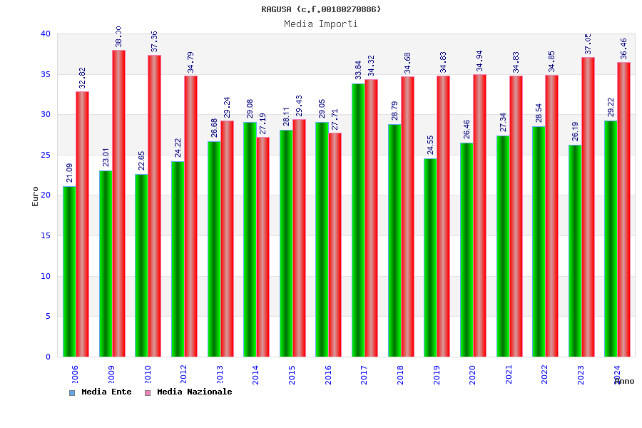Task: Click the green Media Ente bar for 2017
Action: coord(357,220)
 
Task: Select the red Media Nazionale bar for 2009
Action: coord(118,203)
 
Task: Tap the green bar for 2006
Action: coord(69,271)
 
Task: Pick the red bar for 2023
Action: coord(588,207)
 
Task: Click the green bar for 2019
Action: coord(430,258)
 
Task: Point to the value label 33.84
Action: coord(359,70)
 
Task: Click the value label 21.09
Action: coord(70,173)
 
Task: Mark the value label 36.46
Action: coord(624,49)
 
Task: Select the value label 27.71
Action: coord(335,119)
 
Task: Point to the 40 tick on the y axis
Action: coord(46,34)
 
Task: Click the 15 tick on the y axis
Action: coord(46,235)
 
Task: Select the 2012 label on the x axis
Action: coord(183,374)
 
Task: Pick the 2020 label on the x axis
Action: coord(472,374)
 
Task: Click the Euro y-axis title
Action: coord(36,196)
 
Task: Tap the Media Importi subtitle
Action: coord(321,24)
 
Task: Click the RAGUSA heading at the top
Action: coord(321,9)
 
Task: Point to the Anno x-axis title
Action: coord(624,381)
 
